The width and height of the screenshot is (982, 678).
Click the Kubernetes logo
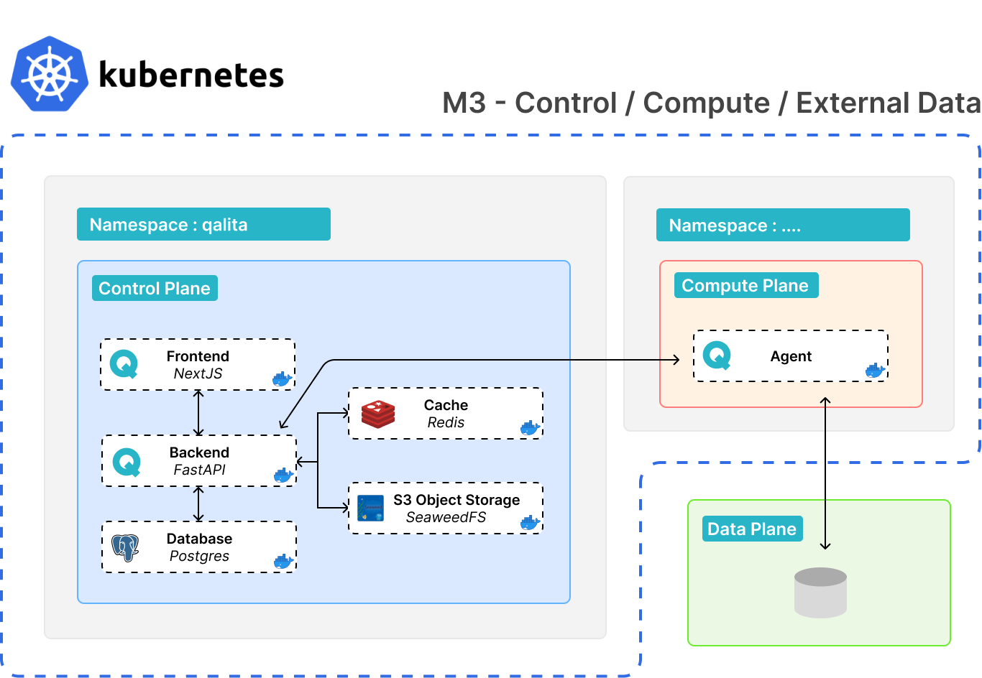(x=50, y=73)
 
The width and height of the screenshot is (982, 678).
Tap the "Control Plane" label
(x=155, y=288)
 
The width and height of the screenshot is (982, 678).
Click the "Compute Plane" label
(x=745, y=285)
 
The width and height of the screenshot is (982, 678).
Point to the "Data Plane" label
(x=752, y=529)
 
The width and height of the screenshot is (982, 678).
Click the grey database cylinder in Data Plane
(x=820, y=593)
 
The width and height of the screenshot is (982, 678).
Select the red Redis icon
(x=378, y=414)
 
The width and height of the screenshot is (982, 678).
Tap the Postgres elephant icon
(x=126, y=547)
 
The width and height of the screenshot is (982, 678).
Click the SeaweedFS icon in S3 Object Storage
(x=371, y=508)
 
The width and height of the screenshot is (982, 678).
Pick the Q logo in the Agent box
(x=717, y=356)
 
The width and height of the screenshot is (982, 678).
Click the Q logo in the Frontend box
(x=124, y=364)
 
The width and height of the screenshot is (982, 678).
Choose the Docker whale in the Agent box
(x=875, y=371)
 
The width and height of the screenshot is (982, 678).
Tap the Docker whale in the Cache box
(x=530, y=427)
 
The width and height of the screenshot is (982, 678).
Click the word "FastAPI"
(x=199, y=470)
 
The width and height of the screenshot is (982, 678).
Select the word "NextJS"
(x=198, y=373)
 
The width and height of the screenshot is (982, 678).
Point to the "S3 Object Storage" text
(x=456, y=500)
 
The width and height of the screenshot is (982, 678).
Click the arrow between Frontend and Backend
(x=199, y=413)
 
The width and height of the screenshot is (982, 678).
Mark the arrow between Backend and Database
(x=199, y=503)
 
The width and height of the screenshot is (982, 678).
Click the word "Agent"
(x=791, y=356)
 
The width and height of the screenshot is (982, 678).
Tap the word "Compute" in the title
(x=706, y=103)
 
